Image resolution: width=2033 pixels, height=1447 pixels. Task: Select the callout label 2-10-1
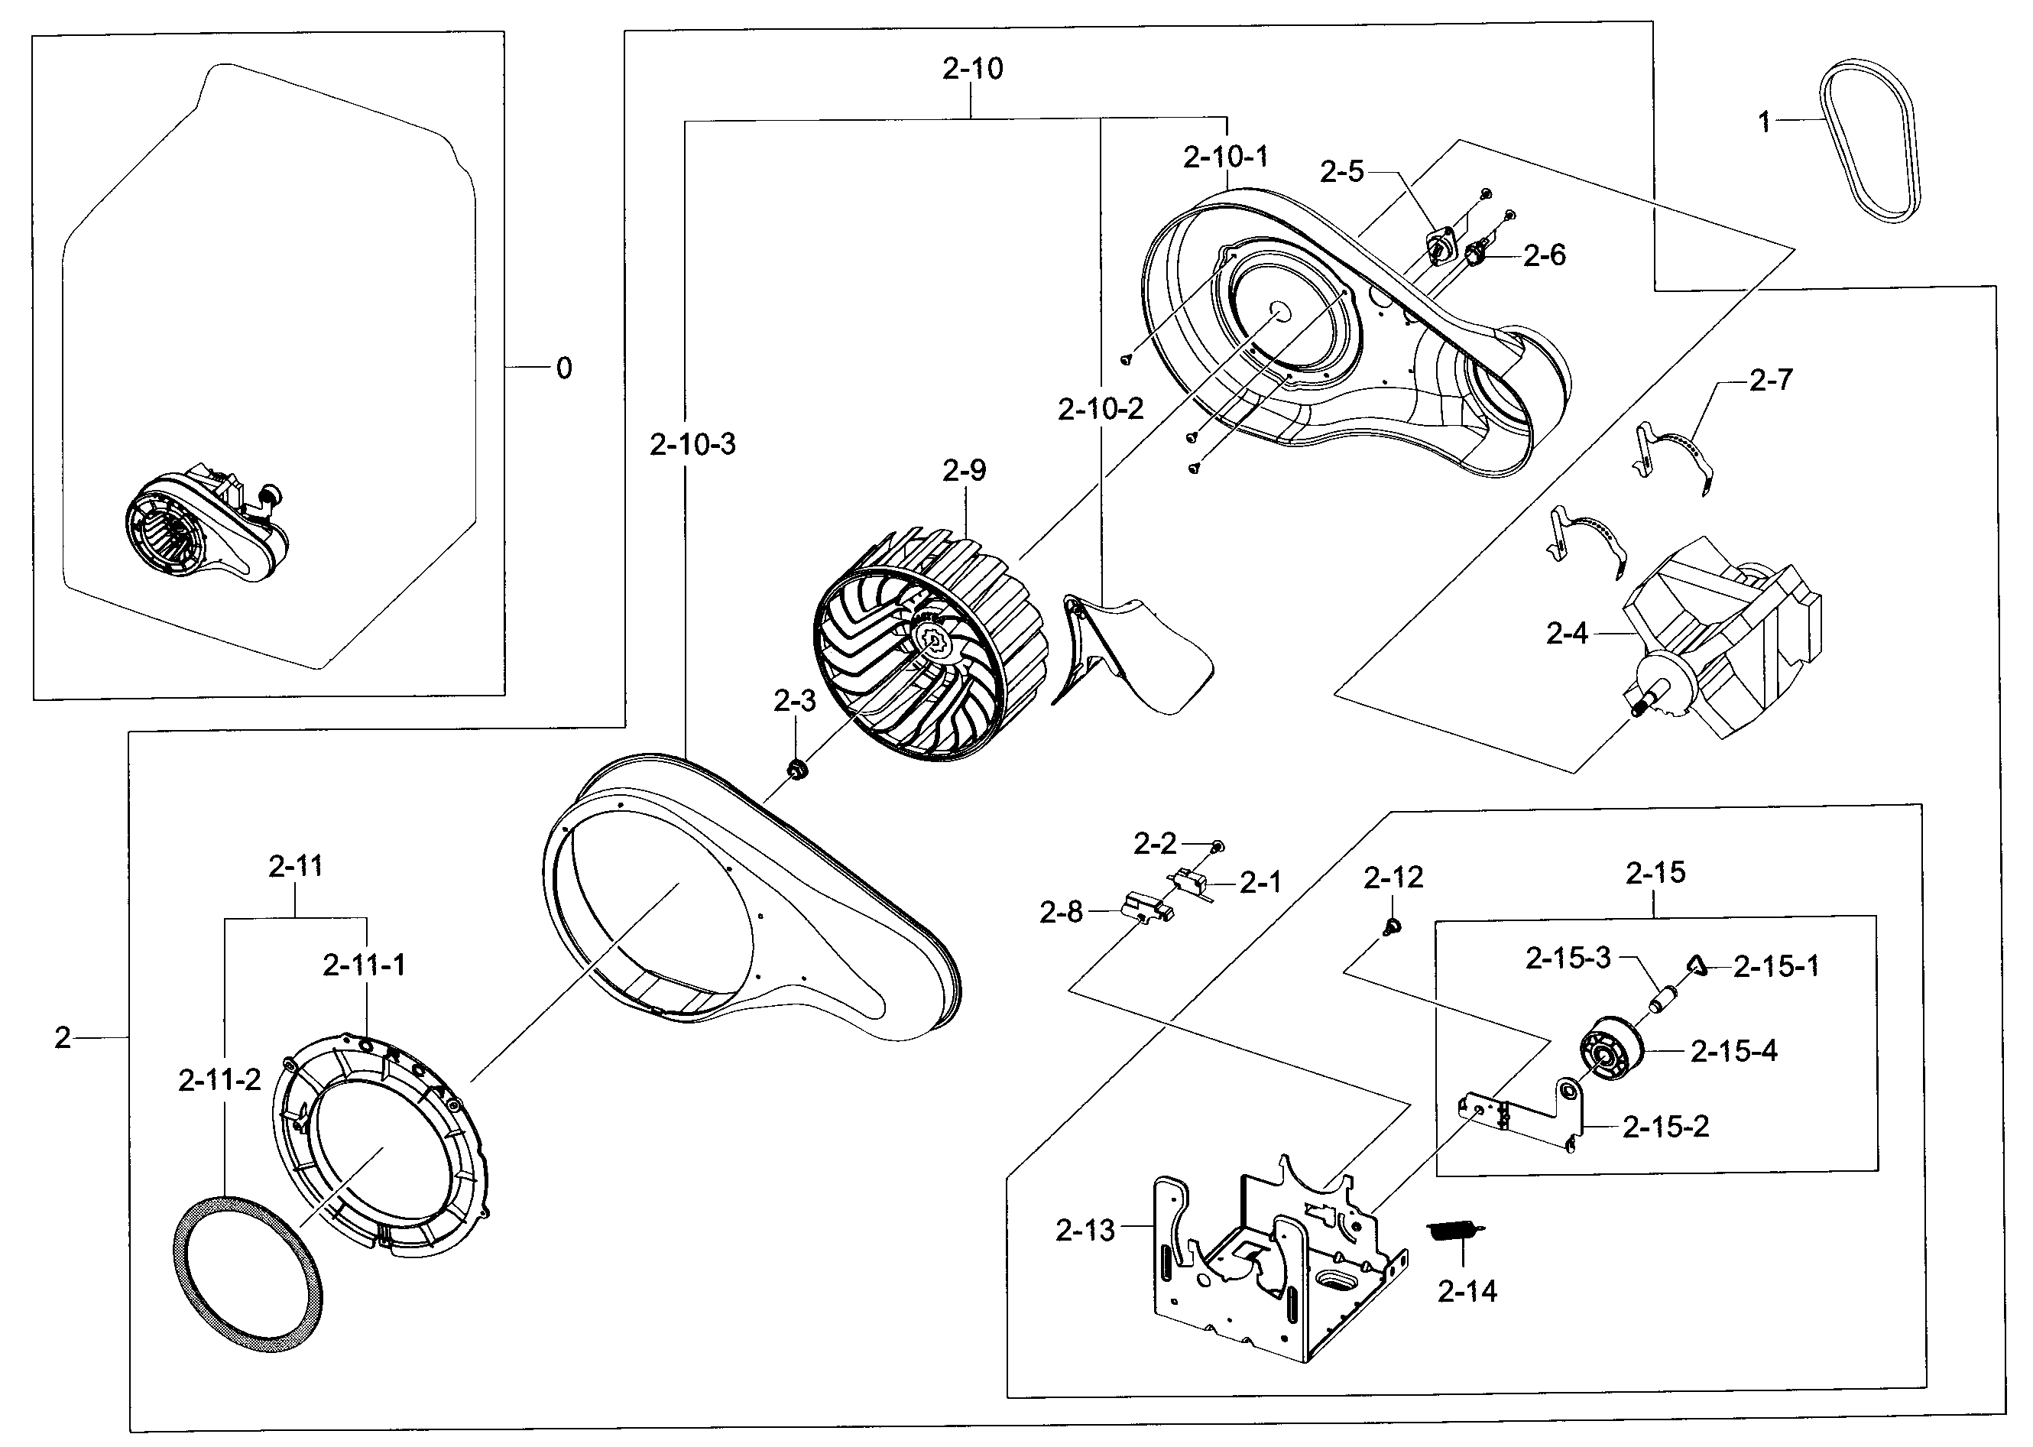tap(1225, 157)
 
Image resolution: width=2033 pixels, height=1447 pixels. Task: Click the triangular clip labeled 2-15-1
tap(1695, 965)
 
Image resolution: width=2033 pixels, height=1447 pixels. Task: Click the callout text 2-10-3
tap(692, 443)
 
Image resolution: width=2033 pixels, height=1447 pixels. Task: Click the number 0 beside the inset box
tap(563, 368)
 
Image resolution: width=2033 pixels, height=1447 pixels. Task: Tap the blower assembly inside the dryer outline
tap(205, 526)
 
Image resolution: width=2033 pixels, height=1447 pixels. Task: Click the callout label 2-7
tap(1770, 381)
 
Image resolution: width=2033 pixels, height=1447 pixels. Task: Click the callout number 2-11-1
tap(364, 964)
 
